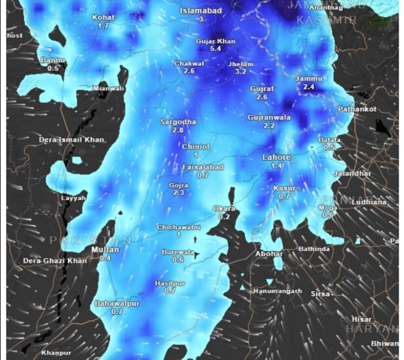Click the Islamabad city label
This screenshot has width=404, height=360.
point(200,11)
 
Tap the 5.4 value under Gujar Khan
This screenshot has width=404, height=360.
point(216,49)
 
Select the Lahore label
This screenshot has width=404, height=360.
point(276,157)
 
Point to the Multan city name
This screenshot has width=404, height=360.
point(105,250)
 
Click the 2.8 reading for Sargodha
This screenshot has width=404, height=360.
point(177,131)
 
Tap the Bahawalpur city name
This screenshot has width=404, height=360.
point(117,303)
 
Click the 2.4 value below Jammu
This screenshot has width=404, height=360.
point(308,87)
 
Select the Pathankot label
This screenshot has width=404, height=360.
point(357,109)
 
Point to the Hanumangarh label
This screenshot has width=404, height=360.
point(277,291)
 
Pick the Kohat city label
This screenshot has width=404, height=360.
point(104,17)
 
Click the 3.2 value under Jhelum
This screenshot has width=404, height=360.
point(241,72)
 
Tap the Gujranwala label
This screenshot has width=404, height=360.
point(269,117)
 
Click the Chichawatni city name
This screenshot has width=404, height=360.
point(178,228)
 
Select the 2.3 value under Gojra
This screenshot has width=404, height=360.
point(178,193)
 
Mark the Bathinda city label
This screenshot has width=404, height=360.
point(314,249)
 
